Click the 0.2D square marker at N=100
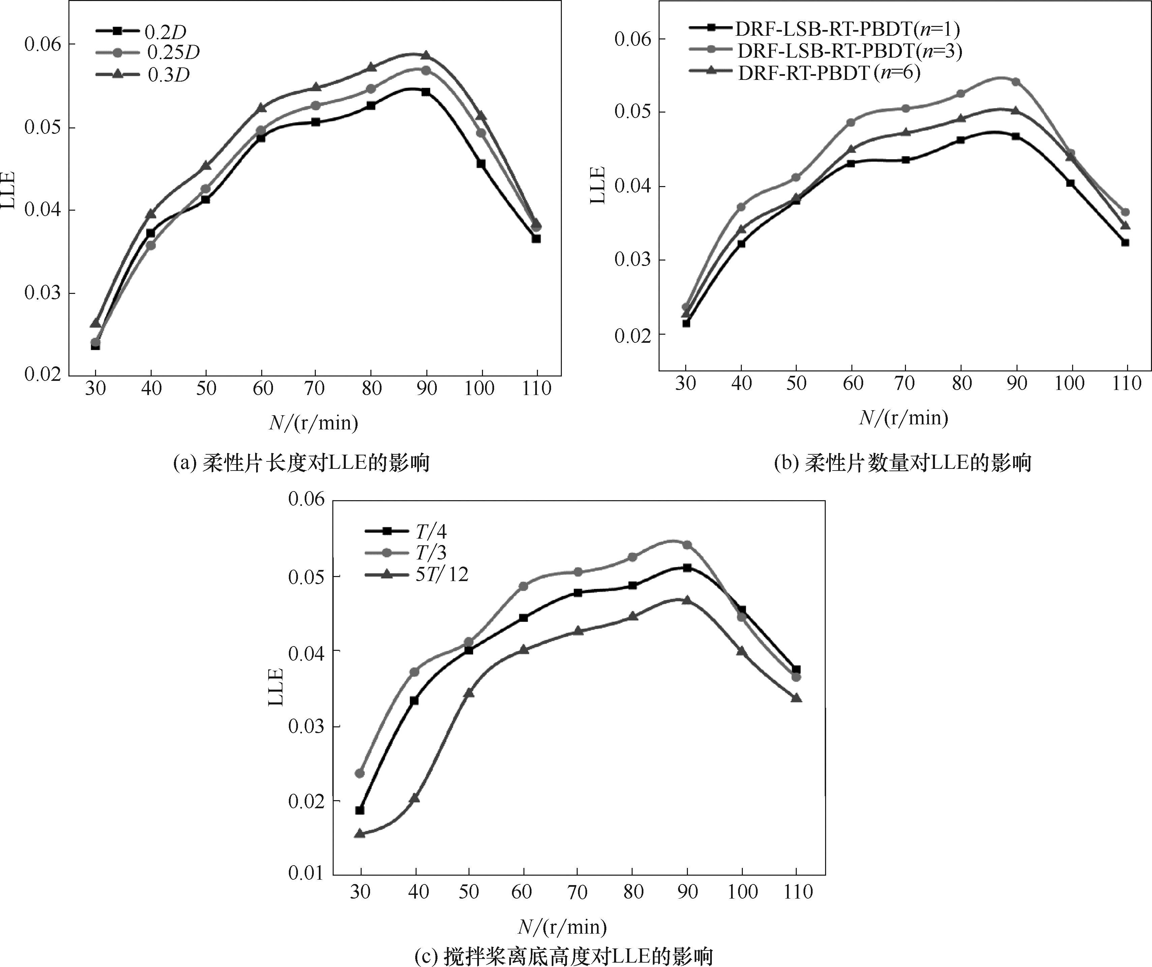(481, 163)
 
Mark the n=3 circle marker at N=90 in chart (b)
(1015, 82)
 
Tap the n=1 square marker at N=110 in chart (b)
(1125, 242)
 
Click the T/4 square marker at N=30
(360, 810)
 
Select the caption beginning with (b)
(902, 463)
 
